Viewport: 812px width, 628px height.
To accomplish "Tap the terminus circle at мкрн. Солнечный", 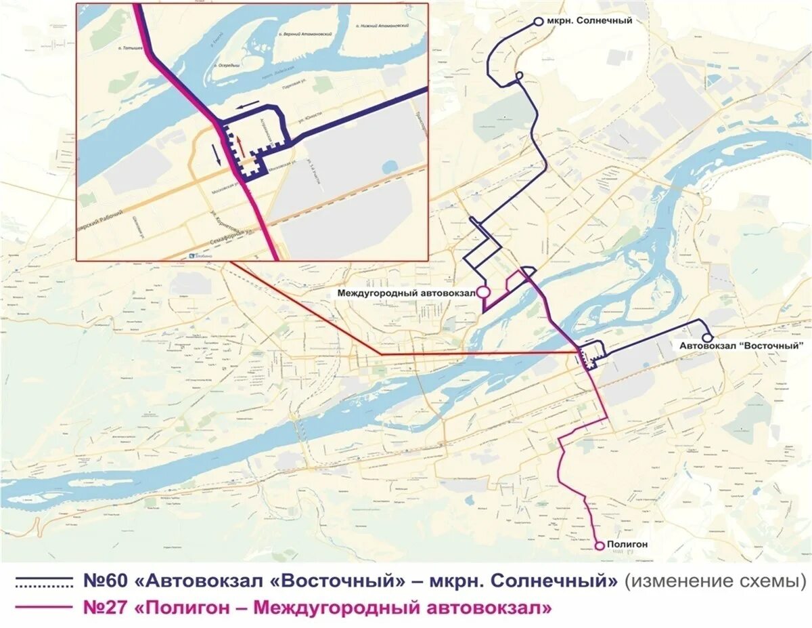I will (539, 22).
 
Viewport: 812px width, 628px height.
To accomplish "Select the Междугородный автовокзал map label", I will (406, 293).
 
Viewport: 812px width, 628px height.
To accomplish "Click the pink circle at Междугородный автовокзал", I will (483, 292).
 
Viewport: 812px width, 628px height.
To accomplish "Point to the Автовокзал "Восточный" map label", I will (742, 346).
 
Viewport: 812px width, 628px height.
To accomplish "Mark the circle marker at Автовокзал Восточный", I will (707, 337).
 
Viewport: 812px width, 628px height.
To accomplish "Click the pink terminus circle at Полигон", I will (599, 545).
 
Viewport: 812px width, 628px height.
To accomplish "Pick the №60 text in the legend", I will (107, 581).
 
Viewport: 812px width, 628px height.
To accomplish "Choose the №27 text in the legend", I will (107, 607).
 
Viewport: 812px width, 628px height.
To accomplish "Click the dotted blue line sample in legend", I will (43, 582).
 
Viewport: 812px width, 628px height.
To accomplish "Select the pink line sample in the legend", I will (43, 607).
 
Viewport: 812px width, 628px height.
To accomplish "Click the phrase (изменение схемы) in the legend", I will (715, 581).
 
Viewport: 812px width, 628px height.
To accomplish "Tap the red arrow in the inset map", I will (238, 144).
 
